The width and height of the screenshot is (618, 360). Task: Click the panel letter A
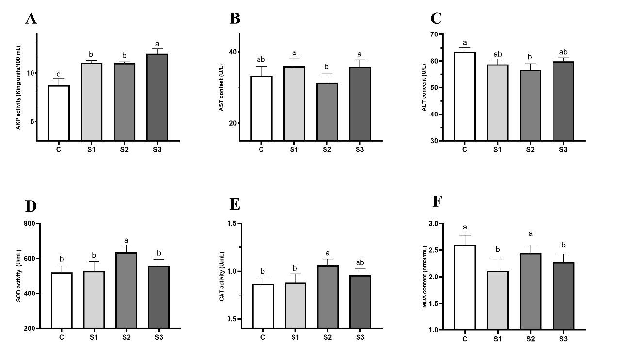click(31, 19)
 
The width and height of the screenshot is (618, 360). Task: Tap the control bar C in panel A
click(58, 113)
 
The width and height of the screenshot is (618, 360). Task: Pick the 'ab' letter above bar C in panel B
click(261, 60)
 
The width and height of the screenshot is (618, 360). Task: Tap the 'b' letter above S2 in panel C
click(529, 57)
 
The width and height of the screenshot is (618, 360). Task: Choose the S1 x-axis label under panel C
click(497, 149)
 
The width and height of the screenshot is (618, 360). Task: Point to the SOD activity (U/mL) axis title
click(18, 276)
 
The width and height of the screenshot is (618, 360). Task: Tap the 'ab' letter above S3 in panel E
click(359, 262)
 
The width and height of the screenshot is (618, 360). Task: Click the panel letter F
click(438, 201)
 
